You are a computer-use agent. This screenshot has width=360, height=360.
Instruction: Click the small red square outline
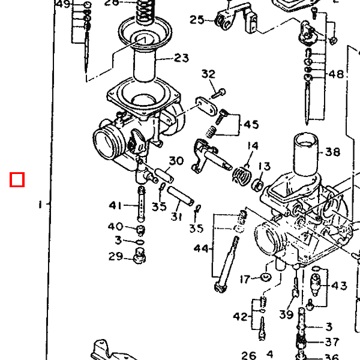point(17,179)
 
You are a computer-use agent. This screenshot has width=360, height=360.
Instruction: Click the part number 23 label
point(181,58)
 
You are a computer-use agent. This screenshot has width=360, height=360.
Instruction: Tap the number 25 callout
point(197,20)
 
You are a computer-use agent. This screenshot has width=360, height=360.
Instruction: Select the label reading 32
point(208,74)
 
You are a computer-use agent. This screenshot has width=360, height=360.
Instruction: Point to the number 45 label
point(251,125)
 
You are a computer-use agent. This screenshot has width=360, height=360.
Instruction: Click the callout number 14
point(253,146)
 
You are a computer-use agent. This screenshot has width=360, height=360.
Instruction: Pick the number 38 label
point(332,152)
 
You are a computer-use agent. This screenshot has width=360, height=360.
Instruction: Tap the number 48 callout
point(337,74)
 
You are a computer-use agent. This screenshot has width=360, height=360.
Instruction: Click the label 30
point(176,161)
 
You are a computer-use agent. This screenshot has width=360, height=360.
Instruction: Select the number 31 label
point(176,217)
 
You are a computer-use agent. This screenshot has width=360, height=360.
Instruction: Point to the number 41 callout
point(115,206)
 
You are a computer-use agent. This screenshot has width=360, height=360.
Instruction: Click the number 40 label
point(115,227)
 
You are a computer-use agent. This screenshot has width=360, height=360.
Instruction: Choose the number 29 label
point(115,257)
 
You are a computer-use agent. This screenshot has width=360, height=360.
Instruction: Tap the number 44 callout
point(201,248)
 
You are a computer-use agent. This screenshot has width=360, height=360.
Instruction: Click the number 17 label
point(245,279)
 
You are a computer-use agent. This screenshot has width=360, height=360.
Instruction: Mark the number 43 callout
point(339,286)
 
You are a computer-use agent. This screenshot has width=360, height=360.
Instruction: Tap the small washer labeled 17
point(265,278)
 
